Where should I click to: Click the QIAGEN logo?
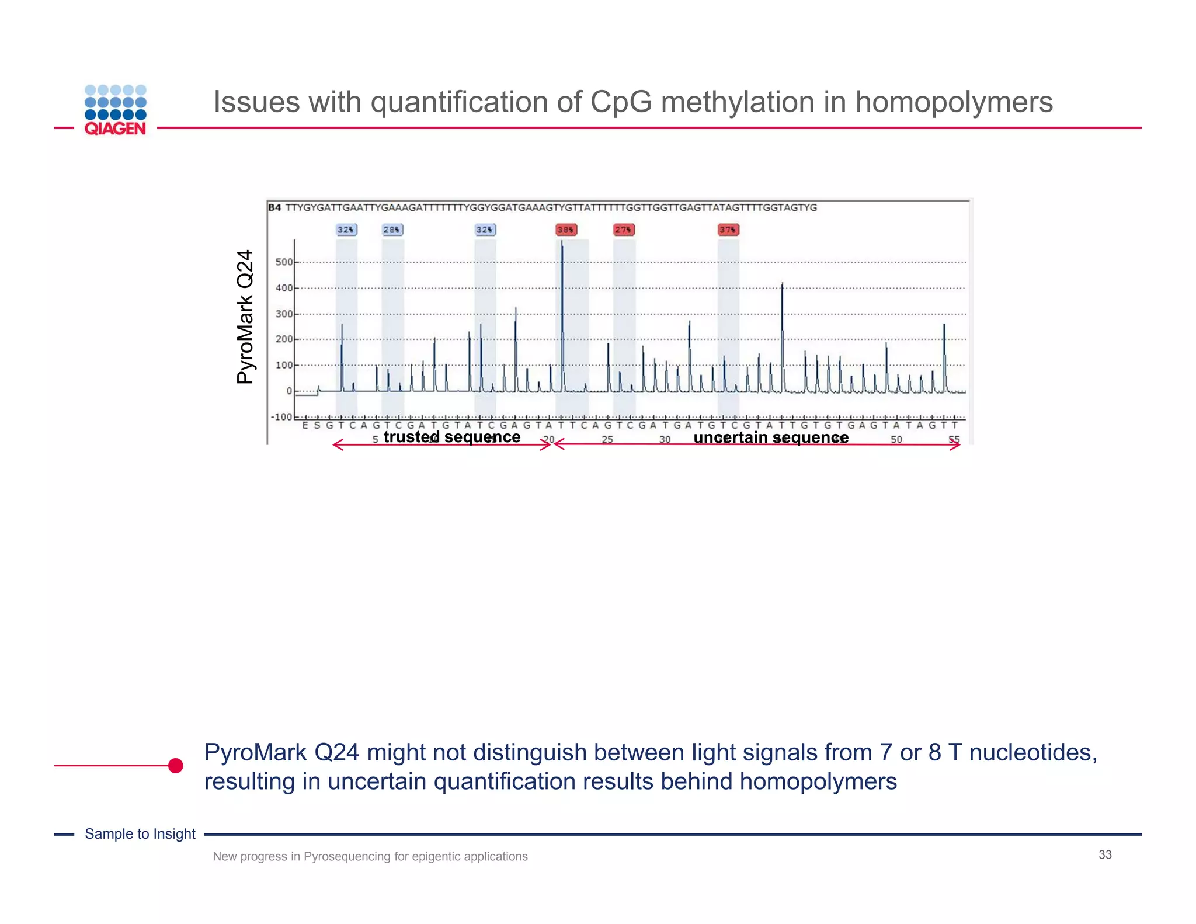click(115, 110)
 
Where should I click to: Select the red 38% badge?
click(565, 230)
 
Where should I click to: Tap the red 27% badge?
click(624, 230)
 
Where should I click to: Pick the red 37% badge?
click(728, 230)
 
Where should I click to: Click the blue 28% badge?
click(392, 230)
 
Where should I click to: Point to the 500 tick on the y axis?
click(284, 262)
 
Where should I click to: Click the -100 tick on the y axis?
click(281, 417)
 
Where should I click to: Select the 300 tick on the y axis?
click(284, 314)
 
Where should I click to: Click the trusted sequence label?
click(452, 437)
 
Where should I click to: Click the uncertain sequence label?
click(771, 437)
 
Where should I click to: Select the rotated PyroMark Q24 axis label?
click(245, 317)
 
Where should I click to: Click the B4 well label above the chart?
click(274, 207)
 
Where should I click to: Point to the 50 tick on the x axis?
click(896, 439)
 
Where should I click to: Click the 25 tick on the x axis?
click(607, 439)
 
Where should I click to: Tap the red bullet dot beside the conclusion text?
click(175, 766)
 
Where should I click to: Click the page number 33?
click(1105, 854)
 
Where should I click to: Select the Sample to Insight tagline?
click(140, 834)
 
